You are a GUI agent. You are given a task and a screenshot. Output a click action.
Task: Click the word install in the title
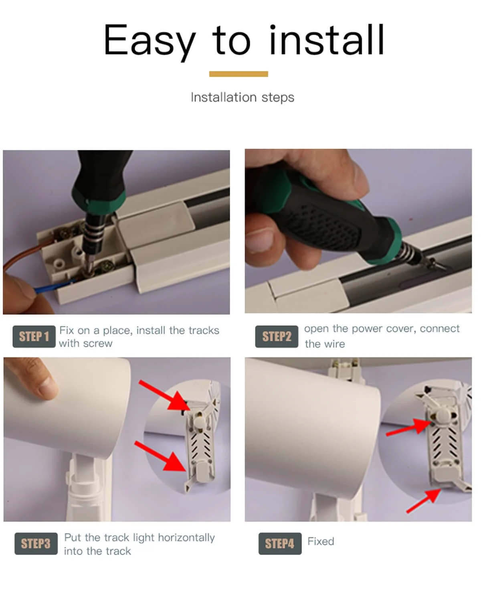(x=327, y=40)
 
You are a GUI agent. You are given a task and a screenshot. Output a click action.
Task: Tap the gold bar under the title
(x=238, y=74)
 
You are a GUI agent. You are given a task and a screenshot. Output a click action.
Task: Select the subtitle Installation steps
(x=243, y=97)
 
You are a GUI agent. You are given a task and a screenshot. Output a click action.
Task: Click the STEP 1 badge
(x=34, y=336)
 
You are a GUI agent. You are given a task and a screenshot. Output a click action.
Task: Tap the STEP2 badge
(x=277, y=336)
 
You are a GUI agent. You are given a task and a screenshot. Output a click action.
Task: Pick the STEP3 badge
(x=36, y=543)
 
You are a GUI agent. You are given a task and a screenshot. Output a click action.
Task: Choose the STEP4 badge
(x=280, y=543)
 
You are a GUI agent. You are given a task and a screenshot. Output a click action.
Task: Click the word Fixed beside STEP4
(x=321, y=541)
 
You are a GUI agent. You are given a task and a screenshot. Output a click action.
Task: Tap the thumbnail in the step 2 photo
(x=259, y=241)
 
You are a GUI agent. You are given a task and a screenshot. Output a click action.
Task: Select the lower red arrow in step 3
(x=160, y=456)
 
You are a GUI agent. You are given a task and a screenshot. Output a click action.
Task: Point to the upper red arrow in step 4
(x=409, y=428)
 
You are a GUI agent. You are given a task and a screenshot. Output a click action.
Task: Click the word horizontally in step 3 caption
(x=186, y=537)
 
